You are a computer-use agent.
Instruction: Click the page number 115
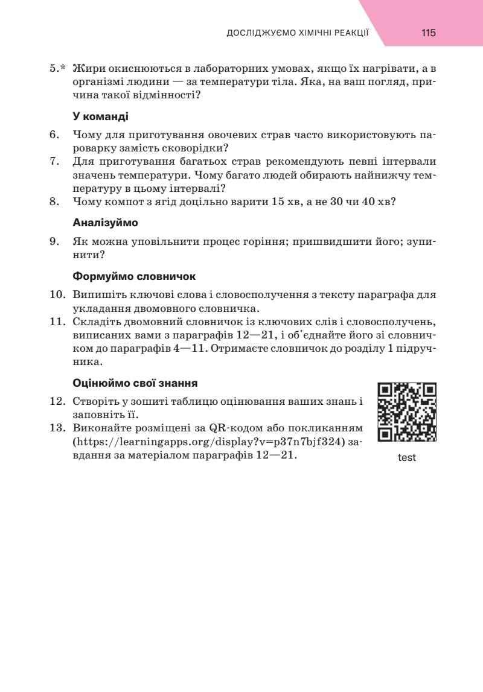pyautogui.click(x=429, y=33)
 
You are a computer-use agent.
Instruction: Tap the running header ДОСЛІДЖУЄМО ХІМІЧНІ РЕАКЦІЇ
pyautogui.click(x=297, y=33)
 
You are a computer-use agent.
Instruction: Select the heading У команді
pyautogui.click(x=100, y=116)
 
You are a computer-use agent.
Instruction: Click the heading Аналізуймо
pyautogui.click(x=105, y=223)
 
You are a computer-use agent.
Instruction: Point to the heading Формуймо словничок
pyautogui.click(x=134, y=276)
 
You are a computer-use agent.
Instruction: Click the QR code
pyautogui.click(x=407, y=412)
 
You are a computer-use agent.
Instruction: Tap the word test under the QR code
pyautogui.click(x=407, y=457)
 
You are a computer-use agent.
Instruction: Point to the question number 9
pyautogui.click(x=54, y=241)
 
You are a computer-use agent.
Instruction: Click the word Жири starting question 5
pyautogui.click(x=88, y=68)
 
